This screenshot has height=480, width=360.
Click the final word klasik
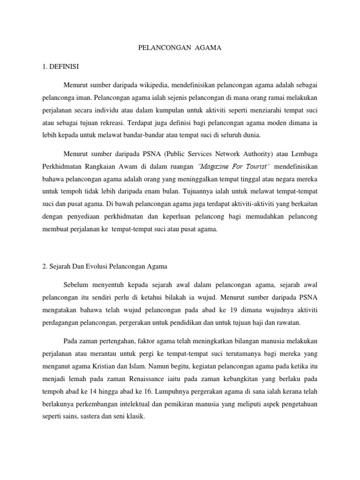pyautogui.click(x=136, y=415)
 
